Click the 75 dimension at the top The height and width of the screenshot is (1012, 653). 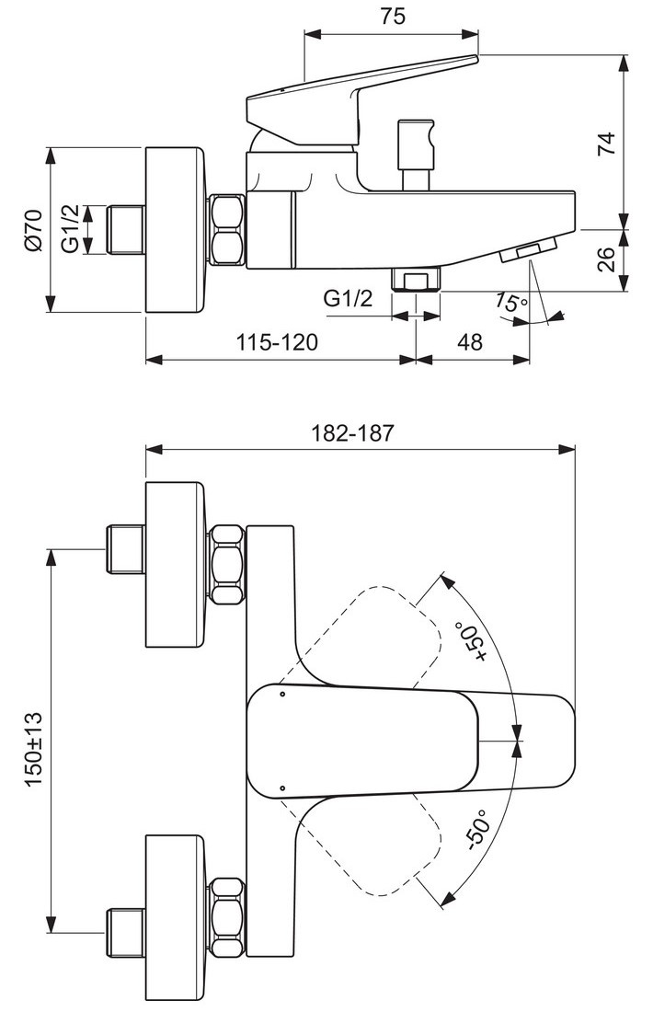pyautogui.click(x=393, y=16)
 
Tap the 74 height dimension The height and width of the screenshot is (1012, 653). pyautogui.click(x=606, y=144)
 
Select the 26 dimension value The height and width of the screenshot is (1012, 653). pyautogui.click(x=606, y=259)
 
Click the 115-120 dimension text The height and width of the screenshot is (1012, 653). pyautogui.click(x=277, y=342)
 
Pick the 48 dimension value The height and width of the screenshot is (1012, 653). pyautogui.click(x=470, y=342)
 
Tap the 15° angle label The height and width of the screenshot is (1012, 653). pyautogui.click(x=511, y=302)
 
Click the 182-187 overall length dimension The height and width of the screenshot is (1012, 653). pyautogui.click(x=352, y=432)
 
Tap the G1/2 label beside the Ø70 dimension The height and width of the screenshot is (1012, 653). pyautogui.click(x=70, y=228)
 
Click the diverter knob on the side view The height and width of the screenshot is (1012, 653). pyautogui.click(x=416, y=155)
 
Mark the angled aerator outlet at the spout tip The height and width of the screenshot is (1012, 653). pyautogui.click(x=529, y=249)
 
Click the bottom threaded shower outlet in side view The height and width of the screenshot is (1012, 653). pyautogui.click(x=417, y=281)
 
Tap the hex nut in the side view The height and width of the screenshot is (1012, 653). pyautogui.click(x=227, y=230)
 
